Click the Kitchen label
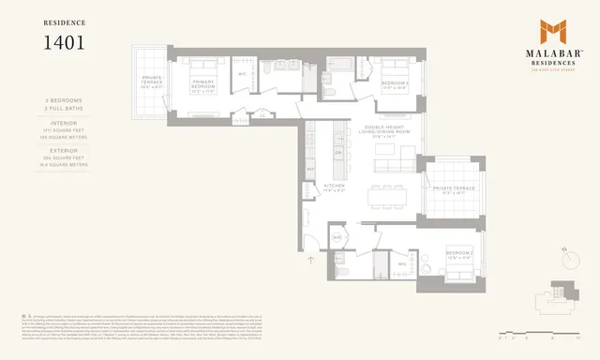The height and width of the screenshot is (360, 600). pyautogui.click(x=333, y=187)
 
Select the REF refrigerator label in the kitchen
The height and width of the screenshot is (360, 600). pyautogui.click(x=310, y=169)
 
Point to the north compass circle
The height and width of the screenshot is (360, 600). pyautogui.click(x=571, y=254)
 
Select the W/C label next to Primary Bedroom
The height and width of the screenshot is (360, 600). pyautogui.click(x=242, y=74)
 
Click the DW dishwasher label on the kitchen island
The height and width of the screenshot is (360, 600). pyautogui.click(x=337, y=152)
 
